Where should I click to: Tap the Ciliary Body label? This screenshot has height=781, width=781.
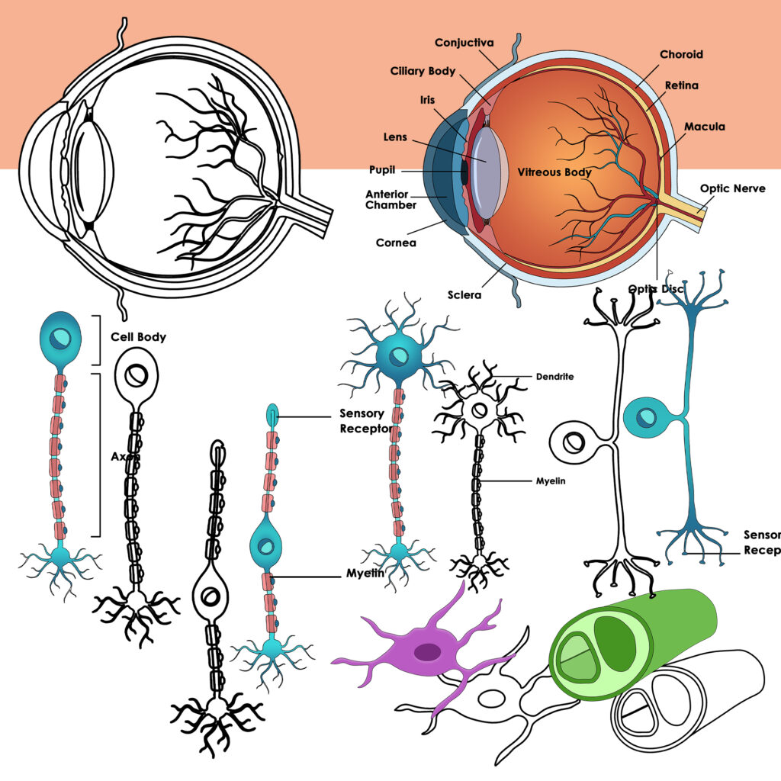tap(423, 71)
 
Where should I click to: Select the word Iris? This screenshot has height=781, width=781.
tap(428, 99)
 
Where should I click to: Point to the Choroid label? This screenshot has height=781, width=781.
tap(681, 54)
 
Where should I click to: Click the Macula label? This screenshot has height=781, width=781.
tap(704, 126)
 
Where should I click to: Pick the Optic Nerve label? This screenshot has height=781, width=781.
tap(732, 188)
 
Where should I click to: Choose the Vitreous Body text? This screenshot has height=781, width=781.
tap(554, 172)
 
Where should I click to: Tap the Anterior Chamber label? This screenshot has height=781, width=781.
tap(390, 199)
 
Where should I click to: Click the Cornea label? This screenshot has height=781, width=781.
tap(396, 243)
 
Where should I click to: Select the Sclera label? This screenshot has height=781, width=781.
tap(464, 294)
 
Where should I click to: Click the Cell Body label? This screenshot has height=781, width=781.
tap(138, 336)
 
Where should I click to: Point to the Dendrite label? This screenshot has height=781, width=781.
tap(554, 376)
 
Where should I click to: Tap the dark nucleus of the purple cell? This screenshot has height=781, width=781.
tap(427, 652)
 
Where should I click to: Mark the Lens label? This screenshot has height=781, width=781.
tap(394, 138)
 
